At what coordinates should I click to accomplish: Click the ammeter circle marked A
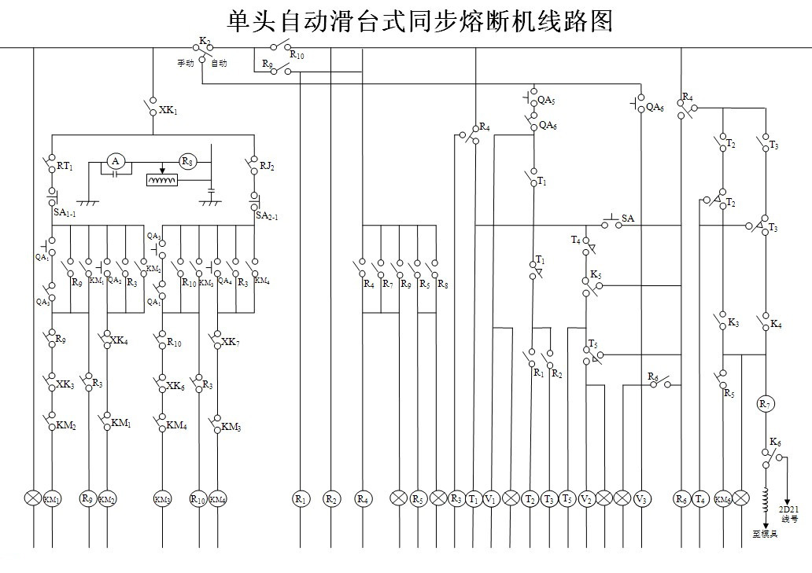pyautogui.click(x=116, y=161)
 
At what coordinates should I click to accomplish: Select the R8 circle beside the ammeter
pyautogui.click(x=187, y=161)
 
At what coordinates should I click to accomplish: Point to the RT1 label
pyautogui.click(x=65, y=167)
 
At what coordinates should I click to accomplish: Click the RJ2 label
pyautogui.click(x=267, y=167)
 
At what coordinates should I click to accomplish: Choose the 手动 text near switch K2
pyautogui.click(x=185, y=63)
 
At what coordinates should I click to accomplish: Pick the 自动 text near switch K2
pyautogui.click(x=219, y=63)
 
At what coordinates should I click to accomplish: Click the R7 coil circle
pyautogui.click(x=766, y=404)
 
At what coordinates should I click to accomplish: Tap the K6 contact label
pyautogui.click(x=776, y=443)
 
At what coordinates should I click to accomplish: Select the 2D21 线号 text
pyautogui.click(x=789, y=512)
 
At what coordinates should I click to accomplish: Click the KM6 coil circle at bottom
pyautogui.click(x=722, y=498)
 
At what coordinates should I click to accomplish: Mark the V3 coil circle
pyautogui.click(x=642, y=498)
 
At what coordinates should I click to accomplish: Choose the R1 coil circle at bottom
pyautogui.click(x=301, y=498)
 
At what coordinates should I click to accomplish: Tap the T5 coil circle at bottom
pyautogui.click(x=567, y=498)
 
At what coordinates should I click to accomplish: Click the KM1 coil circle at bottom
pyautogui.click(x=52, y=498)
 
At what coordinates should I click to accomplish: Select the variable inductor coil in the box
pyautogui.click(x=162, y=180)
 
